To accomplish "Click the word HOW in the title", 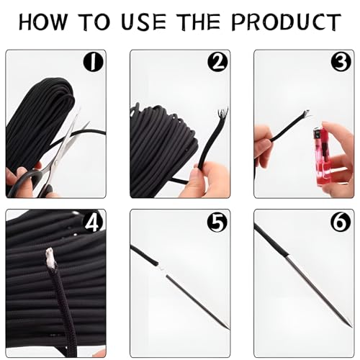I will [x=50, y=22].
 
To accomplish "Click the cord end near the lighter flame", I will [x=304, y=115].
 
